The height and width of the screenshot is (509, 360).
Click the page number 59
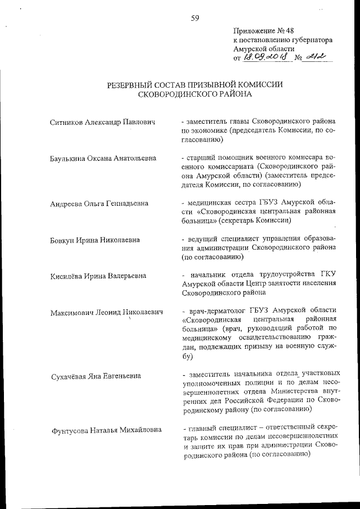pyautogui.click(x=195, y=18)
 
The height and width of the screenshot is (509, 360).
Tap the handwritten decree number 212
pyautogui.click(x=317, y=56)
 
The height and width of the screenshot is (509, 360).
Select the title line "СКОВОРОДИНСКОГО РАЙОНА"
pyautogui.click(x=195, y=94)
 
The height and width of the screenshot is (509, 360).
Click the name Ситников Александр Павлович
pyautogui.click(x=102, y=121)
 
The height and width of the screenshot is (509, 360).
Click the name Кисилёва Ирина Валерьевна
pyautogui.click(x=98, y=276)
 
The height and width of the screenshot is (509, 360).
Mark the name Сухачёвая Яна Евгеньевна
pyautogui.click(x=95, y=376)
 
